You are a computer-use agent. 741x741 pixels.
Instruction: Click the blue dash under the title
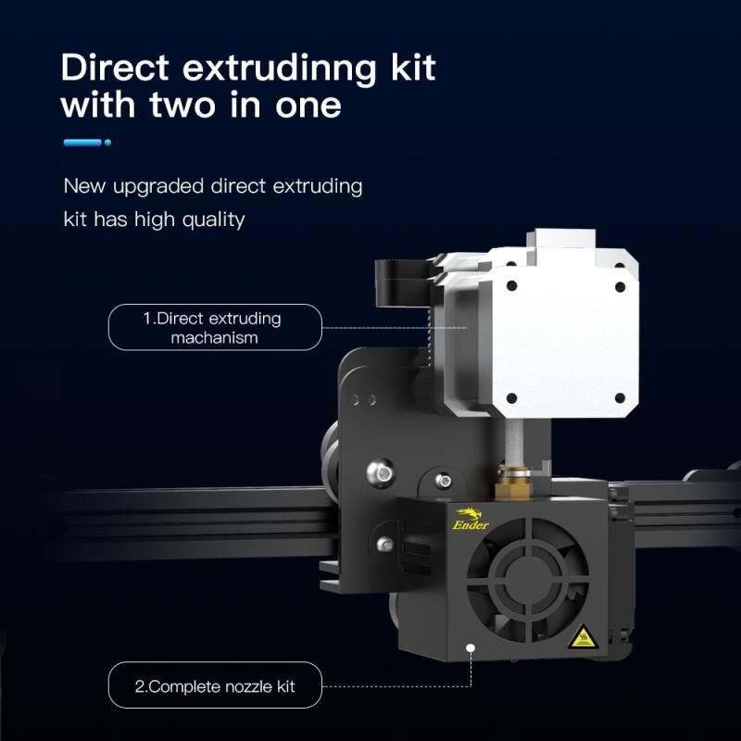(83, 143)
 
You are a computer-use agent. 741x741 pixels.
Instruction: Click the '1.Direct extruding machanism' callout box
(215, 328)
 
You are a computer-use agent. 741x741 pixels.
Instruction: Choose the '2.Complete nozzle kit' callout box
(215, 685)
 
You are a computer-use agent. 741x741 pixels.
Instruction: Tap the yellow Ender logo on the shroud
(471, 519)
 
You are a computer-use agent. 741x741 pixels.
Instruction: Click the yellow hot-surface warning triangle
(584, 636)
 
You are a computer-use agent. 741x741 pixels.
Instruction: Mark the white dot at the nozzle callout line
(471, 647)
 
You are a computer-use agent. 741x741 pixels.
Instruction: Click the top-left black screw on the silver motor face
(511, 285)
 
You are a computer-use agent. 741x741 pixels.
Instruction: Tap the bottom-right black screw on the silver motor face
(620, 399)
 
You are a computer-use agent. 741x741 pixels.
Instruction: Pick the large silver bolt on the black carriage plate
(381, 472)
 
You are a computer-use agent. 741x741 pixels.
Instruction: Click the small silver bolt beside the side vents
(385, 545)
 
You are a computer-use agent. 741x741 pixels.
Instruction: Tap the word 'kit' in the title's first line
(412, 68)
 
